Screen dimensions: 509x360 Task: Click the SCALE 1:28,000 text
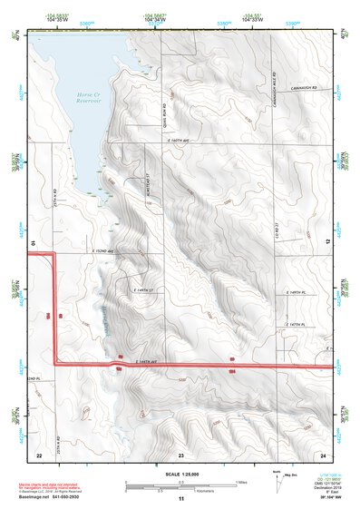pos(180,475)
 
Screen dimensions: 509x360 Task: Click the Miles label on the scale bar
pos(239,482)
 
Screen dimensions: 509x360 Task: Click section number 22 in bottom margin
pos(39,453)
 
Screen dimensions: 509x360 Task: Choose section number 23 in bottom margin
pos(180,453)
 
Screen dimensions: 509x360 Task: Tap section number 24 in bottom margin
pos(323,453)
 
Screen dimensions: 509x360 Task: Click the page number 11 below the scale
pos(180,500)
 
